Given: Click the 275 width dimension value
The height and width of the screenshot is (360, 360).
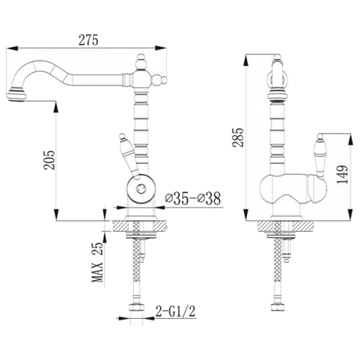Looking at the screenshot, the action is click(x=89, y=40).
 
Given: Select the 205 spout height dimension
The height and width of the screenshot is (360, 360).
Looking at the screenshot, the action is click(x=49, y=161).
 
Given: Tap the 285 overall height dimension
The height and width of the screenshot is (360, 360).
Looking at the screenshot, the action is click(x=238, y=138).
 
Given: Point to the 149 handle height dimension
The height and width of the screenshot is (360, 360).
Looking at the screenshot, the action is click(x=342, y=174).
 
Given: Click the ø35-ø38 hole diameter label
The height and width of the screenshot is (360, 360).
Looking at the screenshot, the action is click(x=193, y=199).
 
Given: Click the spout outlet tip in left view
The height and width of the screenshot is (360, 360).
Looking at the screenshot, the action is click(x=16, y=96).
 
